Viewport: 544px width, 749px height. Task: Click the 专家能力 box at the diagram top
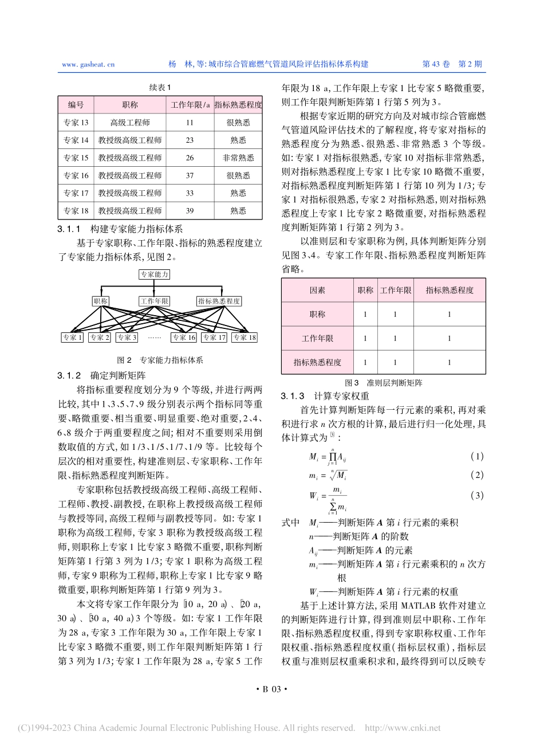(155, 275)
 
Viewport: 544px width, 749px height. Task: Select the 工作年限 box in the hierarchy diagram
(155, 301)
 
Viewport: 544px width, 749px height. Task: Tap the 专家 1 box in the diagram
(73, 338)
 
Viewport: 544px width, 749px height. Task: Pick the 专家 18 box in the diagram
(245, 338)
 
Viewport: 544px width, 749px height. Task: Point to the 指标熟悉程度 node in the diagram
(219, 301)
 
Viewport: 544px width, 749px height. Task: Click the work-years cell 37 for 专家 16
(190, 176)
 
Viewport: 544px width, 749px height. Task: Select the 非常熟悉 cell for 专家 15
(238, 158)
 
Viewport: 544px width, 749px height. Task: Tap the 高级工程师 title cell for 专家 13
(130, 123)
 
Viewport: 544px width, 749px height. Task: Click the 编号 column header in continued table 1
(76, 105)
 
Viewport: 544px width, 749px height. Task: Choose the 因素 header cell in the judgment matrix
(317, 291)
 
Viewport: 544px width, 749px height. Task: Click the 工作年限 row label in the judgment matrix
(317, 339)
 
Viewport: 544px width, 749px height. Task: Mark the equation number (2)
(476, 475)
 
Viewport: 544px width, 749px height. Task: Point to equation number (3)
(476, 495)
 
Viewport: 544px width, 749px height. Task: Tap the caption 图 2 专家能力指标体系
(160, 360)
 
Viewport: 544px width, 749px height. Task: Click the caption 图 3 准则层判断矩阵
(383, 383)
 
